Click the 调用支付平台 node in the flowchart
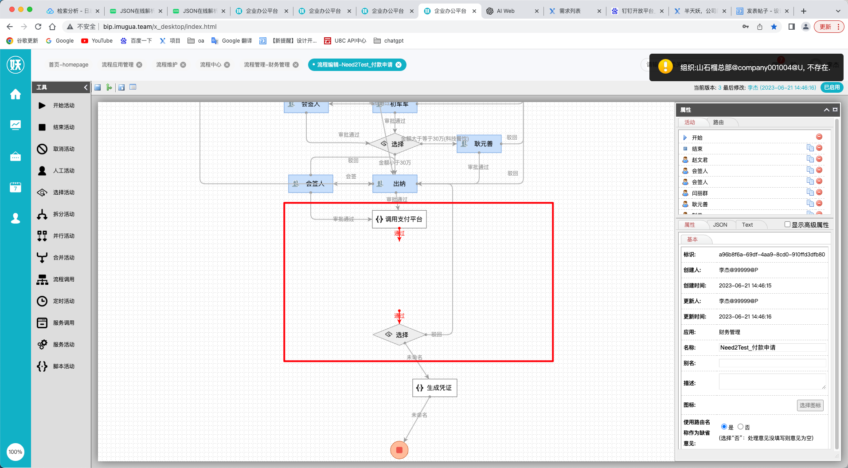(399, 219)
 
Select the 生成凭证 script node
(434, 388)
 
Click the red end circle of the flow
(399, 450)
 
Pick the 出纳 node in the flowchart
(395, 184)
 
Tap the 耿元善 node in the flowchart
(479, 144)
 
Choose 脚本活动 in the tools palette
(63, 366)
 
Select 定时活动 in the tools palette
(63, 301)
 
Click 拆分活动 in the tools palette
(63, 214)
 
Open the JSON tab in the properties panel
(720, 225)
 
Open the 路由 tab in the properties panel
(718, 122)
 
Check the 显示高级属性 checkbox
(787, 224)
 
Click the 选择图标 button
(810, 405)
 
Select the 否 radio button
(740, 427)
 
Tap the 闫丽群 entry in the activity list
(700, 193)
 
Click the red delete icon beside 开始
(819, 137)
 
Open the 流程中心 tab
(211, 65)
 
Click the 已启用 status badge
(832, 87)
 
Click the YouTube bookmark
(102, 41)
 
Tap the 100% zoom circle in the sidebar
(16, 452)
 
